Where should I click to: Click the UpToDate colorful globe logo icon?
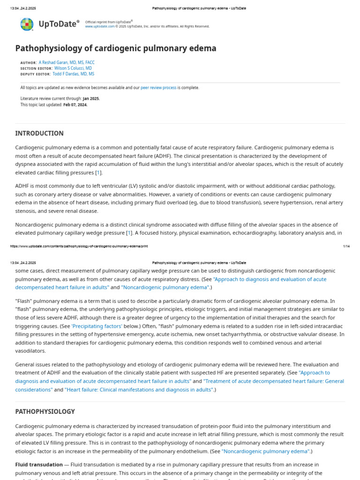coord(27,24)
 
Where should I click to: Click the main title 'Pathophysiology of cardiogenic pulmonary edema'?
coord(116,48)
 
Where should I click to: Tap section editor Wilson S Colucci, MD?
coord(73,68)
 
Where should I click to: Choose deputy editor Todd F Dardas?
coord(73,74)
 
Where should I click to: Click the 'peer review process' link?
coord(158,88)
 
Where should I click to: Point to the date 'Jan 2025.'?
coord(91,98)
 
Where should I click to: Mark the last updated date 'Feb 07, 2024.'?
coord(75,105)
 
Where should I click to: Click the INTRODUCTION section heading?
coord(39,133)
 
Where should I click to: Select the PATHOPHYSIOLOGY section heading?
coord(45,412)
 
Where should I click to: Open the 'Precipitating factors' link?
coord(97,326)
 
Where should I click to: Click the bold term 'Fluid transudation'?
coord(39,465)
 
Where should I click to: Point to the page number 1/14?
coord(346,246)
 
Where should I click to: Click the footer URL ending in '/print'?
coord(79,246)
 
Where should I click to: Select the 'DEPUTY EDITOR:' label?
coord(35,74)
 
